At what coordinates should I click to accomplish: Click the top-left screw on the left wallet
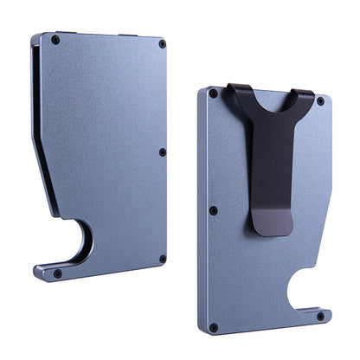pyautogui.click(x=56, y=40)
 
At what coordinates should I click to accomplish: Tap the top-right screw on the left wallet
pyautogui.click(x=161, y=43)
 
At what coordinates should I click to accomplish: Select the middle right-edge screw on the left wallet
pyautogui.click(x=163, y=152)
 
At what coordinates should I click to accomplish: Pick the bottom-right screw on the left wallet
pyautogui.click(x=162, y=258)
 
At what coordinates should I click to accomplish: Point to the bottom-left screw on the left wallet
pyautogui.click(x=57, y=273)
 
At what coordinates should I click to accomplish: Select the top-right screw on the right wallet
pyautogui.click(x=320, y=101)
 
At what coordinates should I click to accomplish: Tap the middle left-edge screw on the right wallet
pyautogui.click(x=213, y=210)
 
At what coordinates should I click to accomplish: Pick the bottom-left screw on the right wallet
pyautogui.click(x=213, y=327)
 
